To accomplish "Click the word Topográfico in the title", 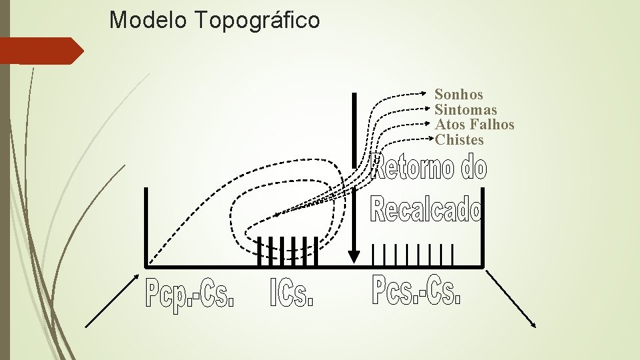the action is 258,21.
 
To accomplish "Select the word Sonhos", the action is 459,95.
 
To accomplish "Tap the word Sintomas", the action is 465,109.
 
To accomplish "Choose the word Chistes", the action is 459,140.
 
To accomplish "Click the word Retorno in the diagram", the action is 412,168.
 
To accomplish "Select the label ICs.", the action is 291,293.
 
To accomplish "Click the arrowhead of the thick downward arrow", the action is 355,257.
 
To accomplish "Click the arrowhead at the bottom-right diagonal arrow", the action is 533,324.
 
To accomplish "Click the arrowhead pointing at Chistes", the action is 430,138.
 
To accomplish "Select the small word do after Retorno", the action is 474,168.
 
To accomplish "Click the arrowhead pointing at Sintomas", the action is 430,109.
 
